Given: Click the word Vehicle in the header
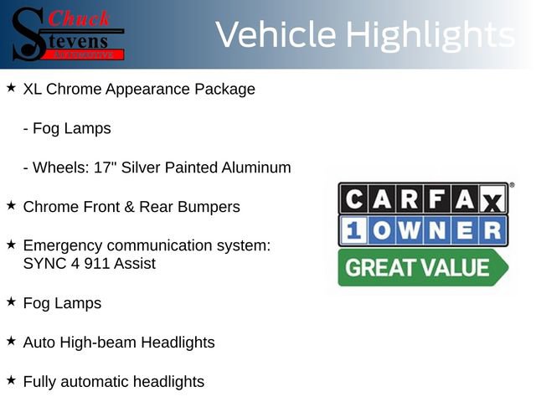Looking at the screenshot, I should [276, 35].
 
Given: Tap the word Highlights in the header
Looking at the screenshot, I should [430, 35].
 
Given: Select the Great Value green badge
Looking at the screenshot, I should [421, 268].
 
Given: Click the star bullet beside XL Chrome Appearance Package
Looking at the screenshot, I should [11, 87].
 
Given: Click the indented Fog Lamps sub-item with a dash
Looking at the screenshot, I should [67, 129].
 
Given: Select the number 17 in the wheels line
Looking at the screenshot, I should [106, 167].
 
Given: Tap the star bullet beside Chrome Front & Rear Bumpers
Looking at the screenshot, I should [11, 205].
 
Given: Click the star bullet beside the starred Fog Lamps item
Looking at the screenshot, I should [11, 301].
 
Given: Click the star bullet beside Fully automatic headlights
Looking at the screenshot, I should [11, 380].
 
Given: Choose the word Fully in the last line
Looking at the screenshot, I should [39, 382].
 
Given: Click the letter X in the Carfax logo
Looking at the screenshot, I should [494, 200].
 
